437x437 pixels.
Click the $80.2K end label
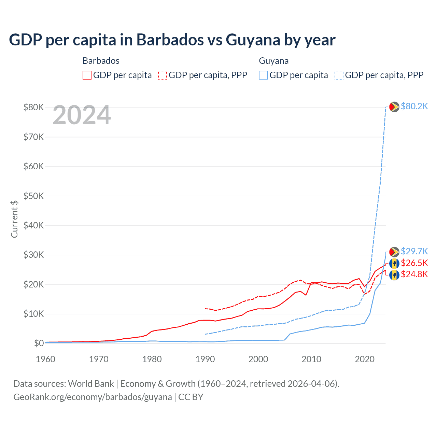point(414,107)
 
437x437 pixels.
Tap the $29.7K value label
point(414,252)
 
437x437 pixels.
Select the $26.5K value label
point(414,263)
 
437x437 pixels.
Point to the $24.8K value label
point(414,274)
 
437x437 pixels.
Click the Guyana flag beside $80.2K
point(394,107)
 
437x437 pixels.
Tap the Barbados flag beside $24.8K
point(394,275)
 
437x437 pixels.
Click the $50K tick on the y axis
point(33,196)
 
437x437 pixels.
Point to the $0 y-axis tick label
point(39,343)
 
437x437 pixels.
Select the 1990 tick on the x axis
point(205,359)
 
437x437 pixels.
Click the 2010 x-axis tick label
point(311,359)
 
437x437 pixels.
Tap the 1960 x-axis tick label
point(46,359)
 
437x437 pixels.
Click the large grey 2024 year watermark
point(82,115)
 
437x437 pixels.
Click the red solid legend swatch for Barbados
point(87,75)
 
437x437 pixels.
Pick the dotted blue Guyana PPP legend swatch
point(339,75)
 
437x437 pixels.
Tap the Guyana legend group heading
point(274,61)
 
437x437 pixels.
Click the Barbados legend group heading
point(101,61)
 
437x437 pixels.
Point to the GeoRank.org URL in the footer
point(93,397)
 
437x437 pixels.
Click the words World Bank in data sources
point(91,384)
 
